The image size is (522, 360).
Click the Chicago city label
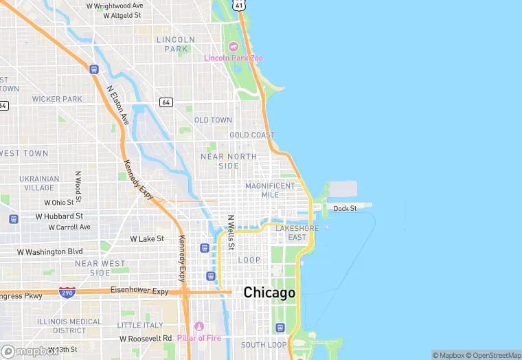[x=269, y=293]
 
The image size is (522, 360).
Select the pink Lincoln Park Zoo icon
[x=233, y=47]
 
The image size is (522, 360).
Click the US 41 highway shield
[x=238, y=5]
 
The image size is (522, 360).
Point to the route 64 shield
[x=166, y=102]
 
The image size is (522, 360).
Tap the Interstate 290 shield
[x=67, y=292]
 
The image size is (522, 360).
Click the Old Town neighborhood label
[x=213, y=120]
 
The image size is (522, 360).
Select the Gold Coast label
[x=251, y=135]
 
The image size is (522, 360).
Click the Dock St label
[x=345, y=208]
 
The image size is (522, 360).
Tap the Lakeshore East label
[x=297, y=232]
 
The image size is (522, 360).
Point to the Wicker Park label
[x=56, y=100]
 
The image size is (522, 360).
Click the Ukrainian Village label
[x=39, y=183]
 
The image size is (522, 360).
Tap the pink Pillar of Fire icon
[x=199, y=325]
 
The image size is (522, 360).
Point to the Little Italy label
[x=140, y=325]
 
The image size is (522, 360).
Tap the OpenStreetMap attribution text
[x=492, y=355]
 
